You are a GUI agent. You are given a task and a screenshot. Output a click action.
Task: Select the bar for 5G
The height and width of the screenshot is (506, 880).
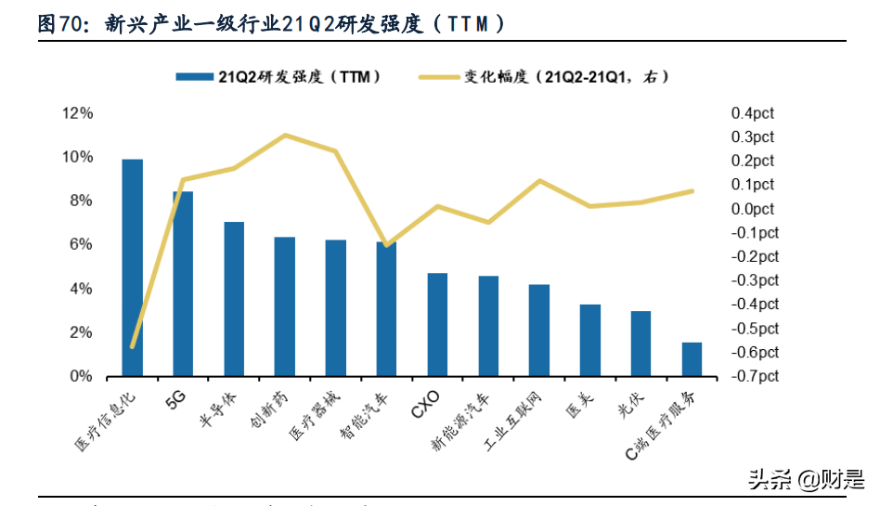point(183,284)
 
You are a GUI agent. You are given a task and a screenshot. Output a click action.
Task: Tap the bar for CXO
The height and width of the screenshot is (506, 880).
point(437,325)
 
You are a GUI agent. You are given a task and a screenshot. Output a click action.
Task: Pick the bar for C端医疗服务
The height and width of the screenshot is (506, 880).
point(692,359)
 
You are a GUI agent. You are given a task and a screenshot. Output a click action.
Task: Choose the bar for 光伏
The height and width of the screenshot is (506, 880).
point(641,344)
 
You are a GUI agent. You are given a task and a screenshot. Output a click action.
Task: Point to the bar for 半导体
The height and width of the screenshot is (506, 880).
point(234,299)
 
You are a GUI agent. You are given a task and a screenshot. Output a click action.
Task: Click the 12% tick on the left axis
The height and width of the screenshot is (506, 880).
point(77,113)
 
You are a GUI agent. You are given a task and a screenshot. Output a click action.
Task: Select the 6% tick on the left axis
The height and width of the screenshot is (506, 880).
point(81,245)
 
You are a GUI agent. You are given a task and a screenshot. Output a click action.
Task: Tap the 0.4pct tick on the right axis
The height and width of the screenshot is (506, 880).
point(752,113)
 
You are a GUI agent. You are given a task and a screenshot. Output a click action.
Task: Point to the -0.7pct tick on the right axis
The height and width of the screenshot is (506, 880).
point(754,377)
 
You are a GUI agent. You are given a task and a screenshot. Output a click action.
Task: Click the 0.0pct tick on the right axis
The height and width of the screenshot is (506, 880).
point(752,209)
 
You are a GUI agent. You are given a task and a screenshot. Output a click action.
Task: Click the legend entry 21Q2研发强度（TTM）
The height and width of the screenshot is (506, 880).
point(278,78)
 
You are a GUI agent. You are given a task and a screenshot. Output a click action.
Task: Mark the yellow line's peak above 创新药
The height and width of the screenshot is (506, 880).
point(285,136)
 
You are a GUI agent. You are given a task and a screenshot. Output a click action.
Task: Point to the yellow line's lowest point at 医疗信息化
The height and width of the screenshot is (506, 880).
point(133,346)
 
